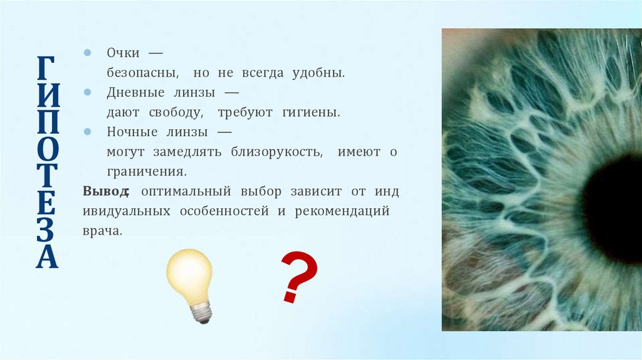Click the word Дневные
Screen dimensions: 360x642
click(132, 93)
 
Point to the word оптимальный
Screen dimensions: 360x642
click(181, 191)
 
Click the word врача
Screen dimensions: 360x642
click(101, 231)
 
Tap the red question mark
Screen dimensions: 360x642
click(297, 277)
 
